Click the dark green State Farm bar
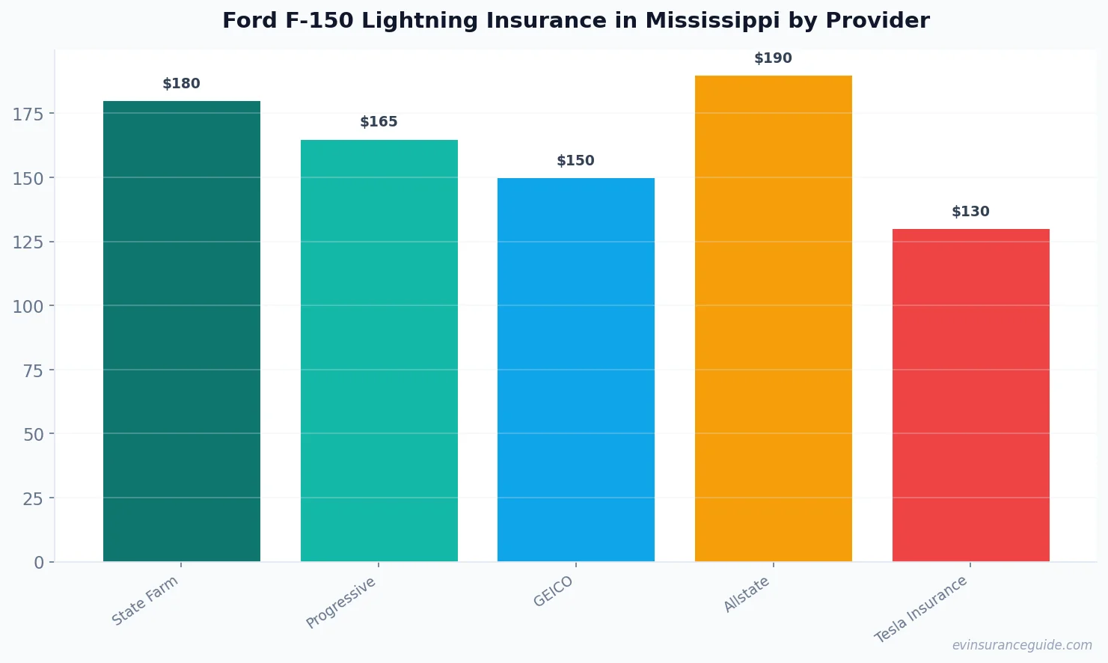182,331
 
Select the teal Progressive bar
379,350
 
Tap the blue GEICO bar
575,370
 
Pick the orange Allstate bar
773,318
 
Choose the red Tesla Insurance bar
970,395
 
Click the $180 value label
182,84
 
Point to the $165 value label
379,122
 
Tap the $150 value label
575,161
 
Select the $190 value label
773,58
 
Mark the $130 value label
970,212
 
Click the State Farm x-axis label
145,600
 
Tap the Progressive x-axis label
341,602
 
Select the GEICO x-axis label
553,591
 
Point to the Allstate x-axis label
746,594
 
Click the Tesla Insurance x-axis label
921,609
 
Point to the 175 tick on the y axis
28,114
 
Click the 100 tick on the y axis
28,306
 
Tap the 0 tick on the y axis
39,563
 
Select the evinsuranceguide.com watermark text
1022,645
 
